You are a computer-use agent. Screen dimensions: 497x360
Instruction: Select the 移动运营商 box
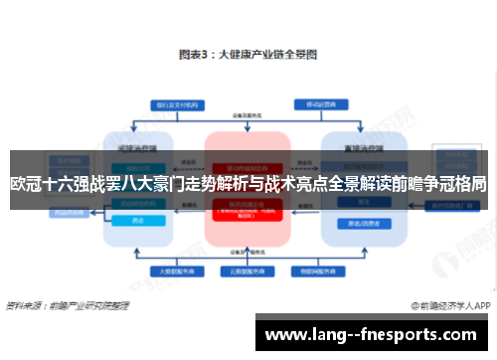[319, 102]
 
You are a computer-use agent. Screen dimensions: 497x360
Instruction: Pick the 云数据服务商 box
[248, 270]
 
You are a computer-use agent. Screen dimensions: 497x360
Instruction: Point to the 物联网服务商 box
[319, 270]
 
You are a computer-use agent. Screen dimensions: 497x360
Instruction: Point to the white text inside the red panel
[248, 211]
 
